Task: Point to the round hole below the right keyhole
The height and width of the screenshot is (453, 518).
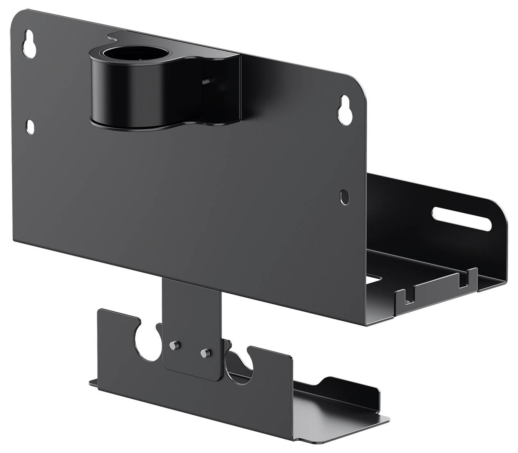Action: point(345,197)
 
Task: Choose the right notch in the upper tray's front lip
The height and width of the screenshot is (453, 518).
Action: point(464,280)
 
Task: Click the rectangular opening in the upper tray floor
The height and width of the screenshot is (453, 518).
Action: point(375,279)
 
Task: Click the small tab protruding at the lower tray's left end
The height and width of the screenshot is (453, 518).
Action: point(93,384)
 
